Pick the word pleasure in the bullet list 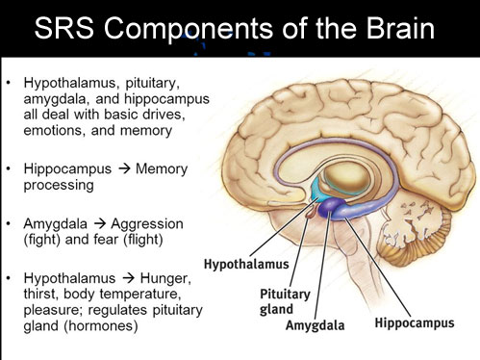50,310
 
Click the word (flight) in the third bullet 158,239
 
